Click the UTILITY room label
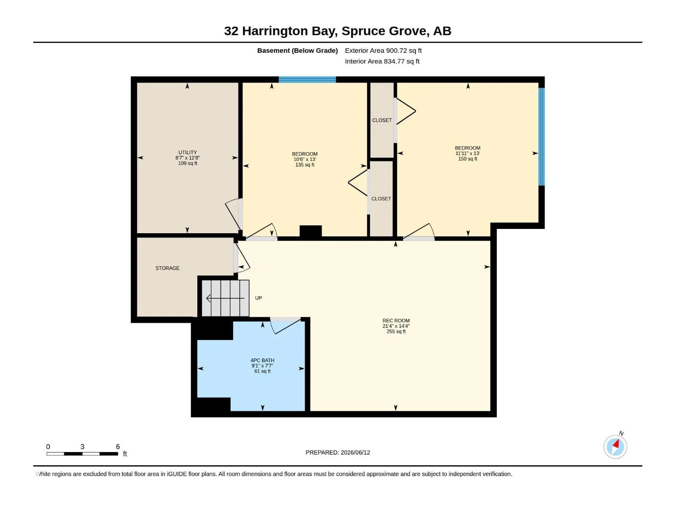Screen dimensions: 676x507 [x=188, y=153]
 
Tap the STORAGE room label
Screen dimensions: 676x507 [x=167, y=268]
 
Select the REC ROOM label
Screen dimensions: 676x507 [x=396, y=320]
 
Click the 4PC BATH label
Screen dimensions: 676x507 [x=262, y=360]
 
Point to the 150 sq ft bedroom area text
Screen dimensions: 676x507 [x=468, y=159]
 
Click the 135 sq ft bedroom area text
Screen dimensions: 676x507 [x=305, y=165]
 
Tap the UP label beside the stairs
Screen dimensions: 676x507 [x=259, y=298]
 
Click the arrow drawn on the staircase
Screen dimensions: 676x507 [x=225, y=298]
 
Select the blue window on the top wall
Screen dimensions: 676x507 [x=307, y=80]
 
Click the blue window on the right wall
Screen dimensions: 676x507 [x=541, y=136]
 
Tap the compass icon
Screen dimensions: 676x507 [x=615, y=447]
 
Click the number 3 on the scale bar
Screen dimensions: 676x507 [x=82, y=447]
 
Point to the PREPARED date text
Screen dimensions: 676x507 [x=338, y=452]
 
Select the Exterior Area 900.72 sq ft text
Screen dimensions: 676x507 [x=383, y=50]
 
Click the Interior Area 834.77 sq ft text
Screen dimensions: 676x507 [x=382, y=61]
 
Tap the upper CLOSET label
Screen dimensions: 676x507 [x=382, y=120]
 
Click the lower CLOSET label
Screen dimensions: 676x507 [x=381, y=199]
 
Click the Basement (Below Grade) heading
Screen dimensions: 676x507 [x=297, y=50]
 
